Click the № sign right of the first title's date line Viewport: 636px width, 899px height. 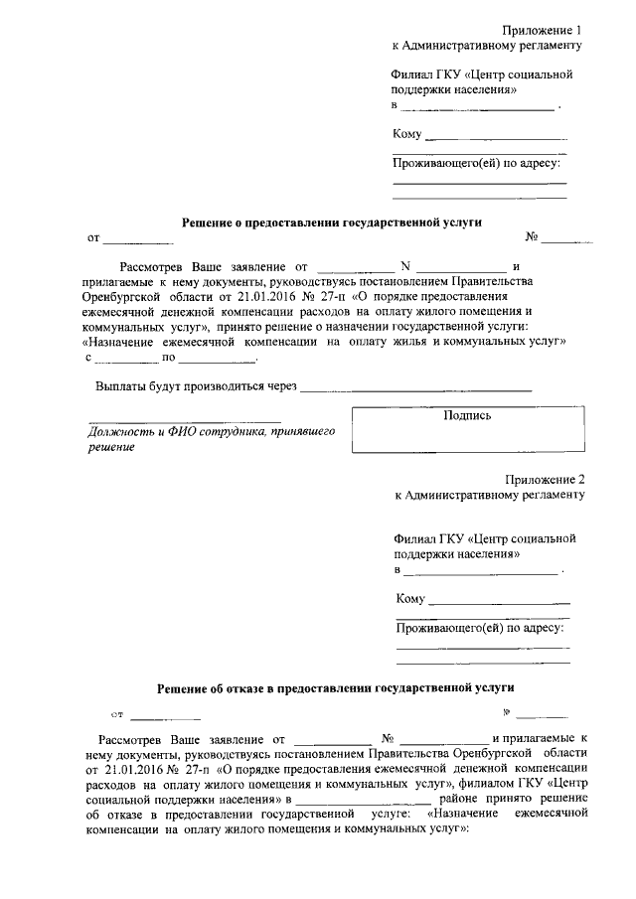pyautogui.click(x=532, y=238)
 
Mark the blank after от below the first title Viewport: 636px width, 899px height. pyautogui.click(x=138, y=240)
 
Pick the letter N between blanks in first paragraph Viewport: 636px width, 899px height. pyautogui.click(x=404, y=267)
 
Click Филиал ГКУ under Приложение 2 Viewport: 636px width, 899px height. pyautogui.click(x=427, y=538)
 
